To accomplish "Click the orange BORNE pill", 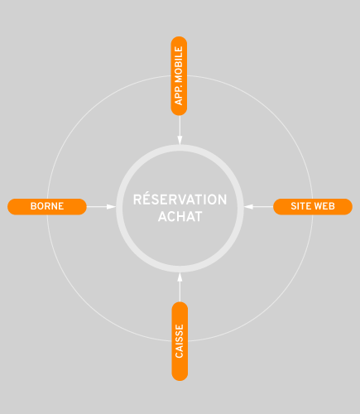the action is (47, 206).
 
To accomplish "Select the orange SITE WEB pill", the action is (313, 206).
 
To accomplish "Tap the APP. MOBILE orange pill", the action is (179, 76).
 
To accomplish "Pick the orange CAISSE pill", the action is (180, 341).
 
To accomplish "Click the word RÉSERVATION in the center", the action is (180, 199).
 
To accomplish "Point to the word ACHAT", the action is (180, 217).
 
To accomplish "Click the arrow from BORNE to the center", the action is (101, 206).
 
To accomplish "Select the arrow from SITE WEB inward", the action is (258, 206).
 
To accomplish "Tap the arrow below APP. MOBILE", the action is (180, 130).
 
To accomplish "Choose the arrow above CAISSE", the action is (180, 287).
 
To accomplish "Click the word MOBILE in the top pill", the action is (179, 65).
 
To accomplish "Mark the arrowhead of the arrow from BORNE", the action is (112, 206).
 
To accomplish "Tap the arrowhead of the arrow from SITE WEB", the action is (248, 206).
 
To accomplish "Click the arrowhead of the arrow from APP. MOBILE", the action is (180, 140).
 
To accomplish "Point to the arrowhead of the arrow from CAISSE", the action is (180, 277).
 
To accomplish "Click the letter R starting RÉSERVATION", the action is (137, 200).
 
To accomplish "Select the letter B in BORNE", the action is (33, 206).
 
